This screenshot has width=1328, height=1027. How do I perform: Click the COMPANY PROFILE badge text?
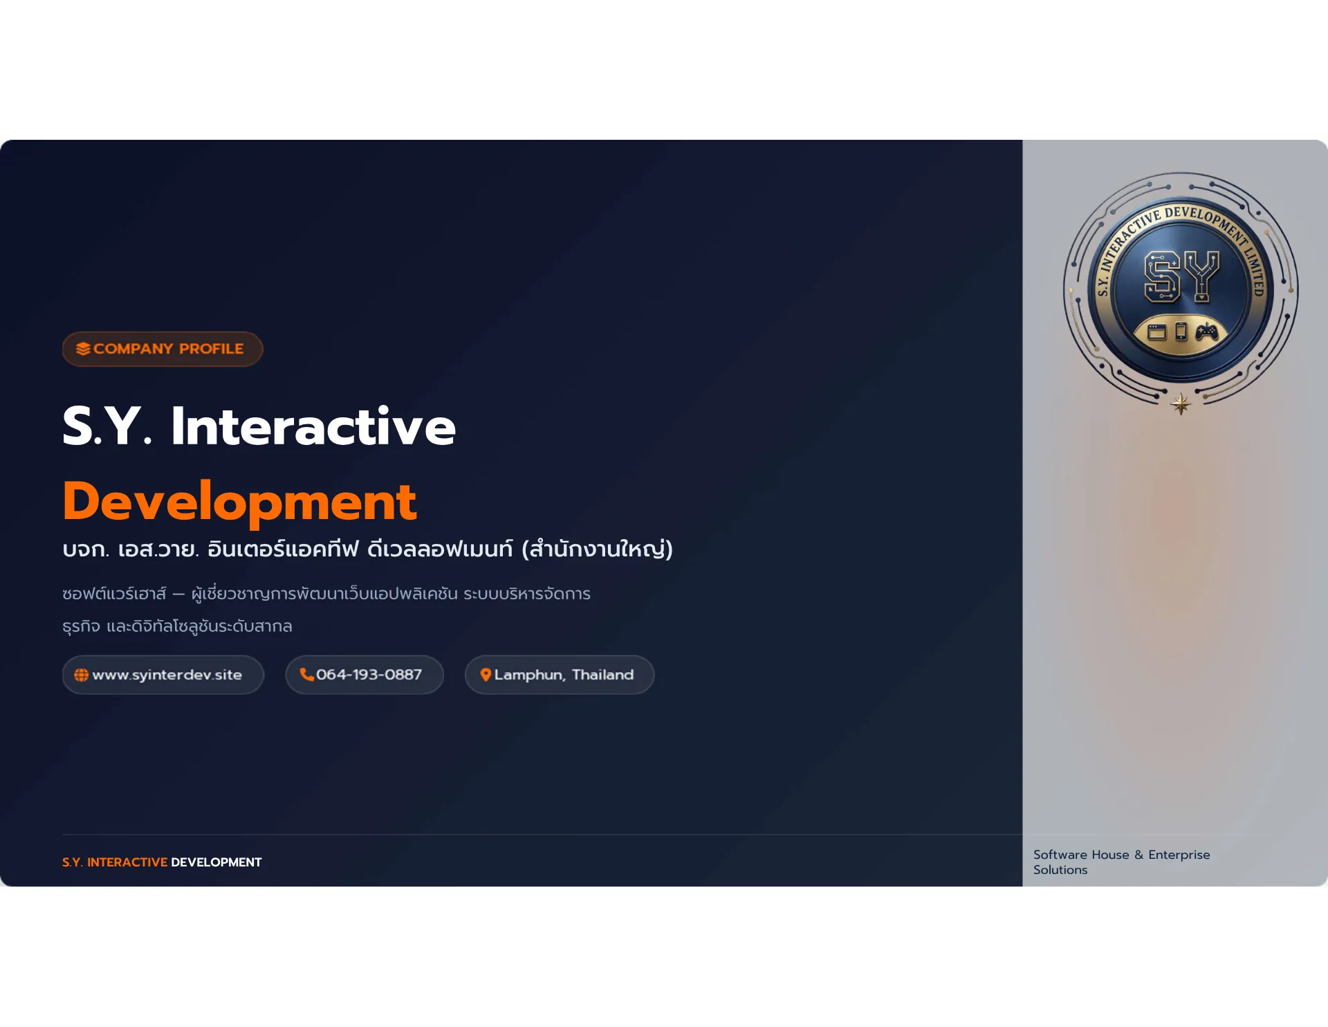pyautogui.click(x=168, y=349)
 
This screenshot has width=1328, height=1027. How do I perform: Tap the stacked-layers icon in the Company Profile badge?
pyautogui.click(x=83, y=349)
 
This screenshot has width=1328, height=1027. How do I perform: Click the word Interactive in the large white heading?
pyautogui.click(x=313, y=426)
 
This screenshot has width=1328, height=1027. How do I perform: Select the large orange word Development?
pyautogui.click(x=239, y=502)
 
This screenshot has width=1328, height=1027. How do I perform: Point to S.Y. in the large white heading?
pyautogui.click(x=107, y=426)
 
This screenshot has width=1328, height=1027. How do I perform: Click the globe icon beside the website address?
pyautogui.click(x=81, y=675)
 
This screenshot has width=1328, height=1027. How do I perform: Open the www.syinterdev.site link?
pyautogui.click(x=167, y=675)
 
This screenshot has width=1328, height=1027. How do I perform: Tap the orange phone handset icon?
pyautogui.click(x=306, y=675)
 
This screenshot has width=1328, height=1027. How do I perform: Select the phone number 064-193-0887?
pyautogui.click(x=369, y=675)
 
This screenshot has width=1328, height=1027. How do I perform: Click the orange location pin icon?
pyautogui.click(x=486, y=675)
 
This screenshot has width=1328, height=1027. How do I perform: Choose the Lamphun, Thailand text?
pyautogui.click(x=564, y=675)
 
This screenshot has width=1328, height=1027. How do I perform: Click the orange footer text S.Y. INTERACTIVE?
pyautogui.click(x=115, y=862)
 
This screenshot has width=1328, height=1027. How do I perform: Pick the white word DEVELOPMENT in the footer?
pyautogui.click(x=216, y=862)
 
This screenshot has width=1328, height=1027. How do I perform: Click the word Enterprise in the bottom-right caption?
pyautogui.click(x=1179, y=855)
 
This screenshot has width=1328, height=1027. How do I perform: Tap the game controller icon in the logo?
pyautogui.click(x=1206, y=333)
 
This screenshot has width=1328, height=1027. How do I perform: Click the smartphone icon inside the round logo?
pyautogui.click(x=1181, y=332)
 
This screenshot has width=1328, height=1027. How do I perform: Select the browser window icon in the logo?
pyautogui.click(x=1157, y=333)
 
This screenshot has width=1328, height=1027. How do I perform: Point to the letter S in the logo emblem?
pyautogui.click(x=1162, y=277)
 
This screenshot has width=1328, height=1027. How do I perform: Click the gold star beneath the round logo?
pyautogui.click(x=1181, y=403)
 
